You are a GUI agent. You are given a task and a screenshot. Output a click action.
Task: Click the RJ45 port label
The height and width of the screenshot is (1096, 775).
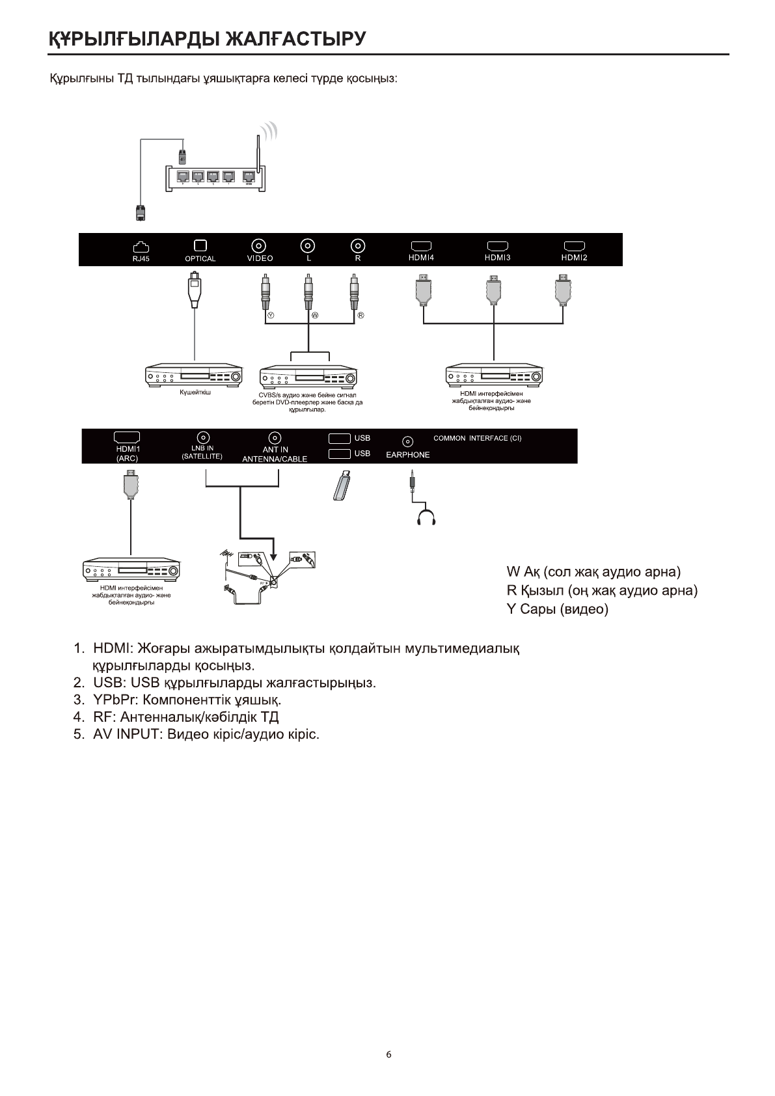coord(141,258)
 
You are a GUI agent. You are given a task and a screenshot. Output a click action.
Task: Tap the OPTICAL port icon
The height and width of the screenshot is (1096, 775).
coord(200,245)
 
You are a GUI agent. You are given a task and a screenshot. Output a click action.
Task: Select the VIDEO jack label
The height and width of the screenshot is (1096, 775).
coord(260,258)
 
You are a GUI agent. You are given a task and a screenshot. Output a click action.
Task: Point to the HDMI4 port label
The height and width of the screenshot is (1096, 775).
coord(421,258)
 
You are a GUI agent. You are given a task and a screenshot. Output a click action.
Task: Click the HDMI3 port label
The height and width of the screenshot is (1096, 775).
coord(498,258)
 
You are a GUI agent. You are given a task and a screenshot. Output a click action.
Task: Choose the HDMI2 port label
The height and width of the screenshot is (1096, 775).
coord(574,258)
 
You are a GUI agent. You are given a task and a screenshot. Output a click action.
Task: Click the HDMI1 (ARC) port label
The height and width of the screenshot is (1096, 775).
coord(127,454)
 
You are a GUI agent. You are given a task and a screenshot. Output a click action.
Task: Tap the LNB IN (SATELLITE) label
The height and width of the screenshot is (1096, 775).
coord(202,452)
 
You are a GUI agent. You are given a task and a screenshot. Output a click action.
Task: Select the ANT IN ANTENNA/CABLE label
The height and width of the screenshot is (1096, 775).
coord(275,454)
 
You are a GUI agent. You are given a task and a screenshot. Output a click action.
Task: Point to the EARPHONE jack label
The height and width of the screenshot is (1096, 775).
coord(407,455)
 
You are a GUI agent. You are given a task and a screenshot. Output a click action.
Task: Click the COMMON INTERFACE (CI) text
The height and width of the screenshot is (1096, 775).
coord(477,439)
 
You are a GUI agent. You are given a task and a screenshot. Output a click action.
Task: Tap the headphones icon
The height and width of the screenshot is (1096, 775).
coord(426,517)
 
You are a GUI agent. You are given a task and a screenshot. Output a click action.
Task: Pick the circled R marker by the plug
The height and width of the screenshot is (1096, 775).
coord(360,316)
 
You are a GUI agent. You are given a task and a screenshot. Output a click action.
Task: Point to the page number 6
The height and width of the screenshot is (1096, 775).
coord(388,1055)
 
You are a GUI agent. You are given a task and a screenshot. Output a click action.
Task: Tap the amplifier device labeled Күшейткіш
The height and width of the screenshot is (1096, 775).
coord(194,376)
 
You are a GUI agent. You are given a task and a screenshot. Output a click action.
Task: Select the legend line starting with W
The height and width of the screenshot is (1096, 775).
coord(593,572)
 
